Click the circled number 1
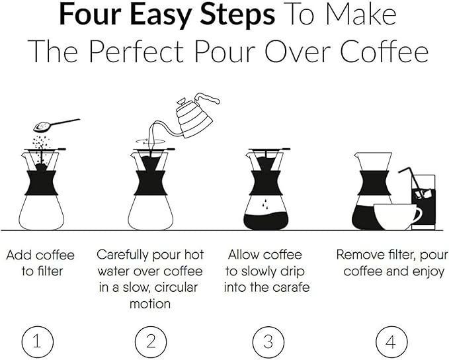37,341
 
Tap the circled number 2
151,341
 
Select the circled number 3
268,341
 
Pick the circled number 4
390,341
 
